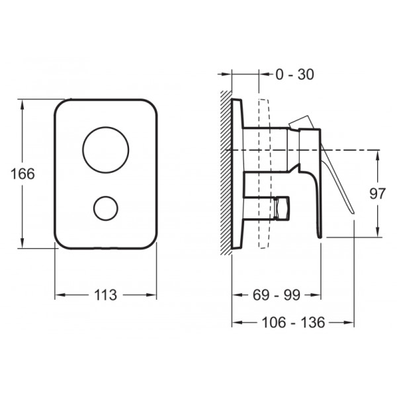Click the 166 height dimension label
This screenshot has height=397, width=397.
[x=22, y=174]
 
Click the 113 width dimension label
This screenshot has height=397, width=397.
[x=105, y=294]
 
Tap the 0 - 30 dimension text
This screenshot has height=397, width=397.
[x=294, y=74]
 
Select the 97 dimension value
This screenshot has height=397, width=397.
[x=377, y=194]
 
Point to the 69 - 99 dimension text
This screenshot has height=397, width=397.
[x=277, y=294]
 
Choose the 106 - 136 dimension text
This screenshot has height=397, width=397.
[x=293, y=322]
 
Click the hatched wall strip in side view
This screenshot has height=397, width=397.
[x=226, y=173]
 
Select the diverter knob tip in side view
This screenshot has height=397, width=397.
[x=282, y=207]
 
